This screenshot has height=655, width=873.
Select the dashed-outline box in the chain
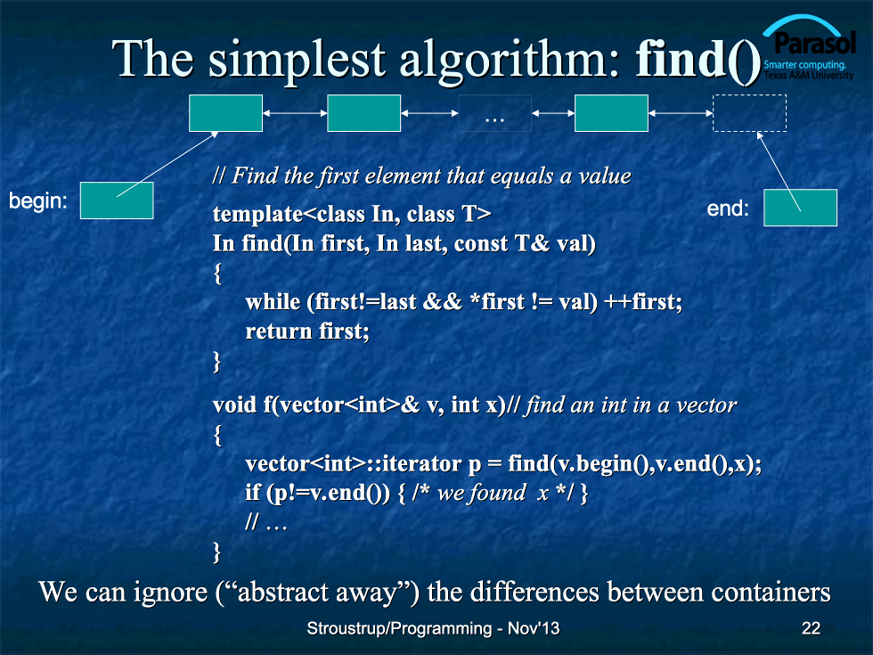(749, 113)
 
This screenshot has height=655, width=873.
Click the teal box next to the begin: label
(117, 201)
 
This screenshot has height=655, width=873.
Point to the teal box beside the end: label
(800, 208)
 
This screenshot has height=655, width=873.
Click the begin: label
(37, 201)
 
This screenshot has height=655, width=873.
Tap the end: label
(728, 209)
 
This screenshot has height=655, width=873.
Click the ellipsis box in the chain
(494, 113)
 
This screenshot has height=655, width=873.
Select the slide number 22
(811, 628)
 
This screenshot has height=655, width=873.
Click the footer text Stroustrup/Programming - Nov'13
(433, 628)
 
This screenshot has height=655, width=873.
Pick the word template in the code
(257, 215)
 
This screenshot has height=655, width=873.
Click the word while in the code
(273, 302)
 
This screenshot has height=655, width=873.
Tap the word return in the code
(278, 332)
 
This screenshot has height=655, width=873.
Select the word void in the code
(234, 405)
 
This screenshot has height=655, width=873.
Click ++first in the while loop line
(643, 302)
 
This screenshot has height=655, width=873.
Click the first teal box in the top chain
(225, 113)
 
